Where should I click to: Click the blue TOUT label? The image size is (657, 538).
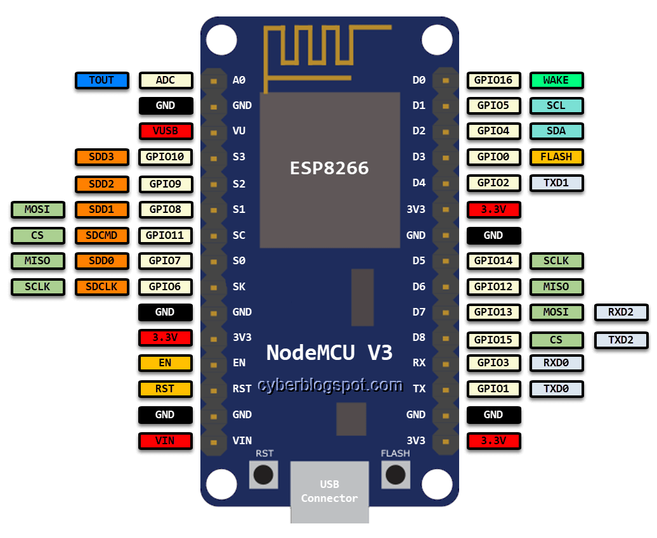coord(101,80)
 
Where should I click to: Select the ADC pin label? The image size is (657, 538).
coord(166,80)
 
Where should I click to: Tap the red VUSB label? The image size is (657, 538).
coord(166,131)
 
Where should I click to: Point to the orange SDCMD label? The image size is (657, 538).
coord(101,235)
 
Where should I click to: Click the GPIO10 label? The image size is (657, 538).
coord(166,157)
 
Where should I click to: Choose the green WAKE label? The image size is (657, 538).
coord(556,80)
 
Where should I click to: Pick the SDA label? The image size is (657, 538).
coord(556,131)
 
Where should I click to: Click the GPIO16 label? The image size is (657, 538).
coord(494,80)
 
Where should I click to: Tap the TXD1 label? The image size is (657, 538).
coord(556,183)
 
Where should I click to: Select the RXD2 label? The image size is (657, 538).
coord(621,312)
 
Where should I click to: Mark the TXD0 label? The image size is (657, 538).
coord(556,388)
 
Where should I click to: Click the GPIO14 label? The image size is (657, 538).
coord(494,260)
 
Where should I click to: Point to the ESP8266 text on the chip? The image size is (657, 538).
coord(329,168)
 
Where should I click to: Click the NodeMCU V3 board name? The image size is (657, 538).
coord(329,352)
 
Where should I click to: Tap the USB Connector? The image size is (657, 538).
coord(329,492)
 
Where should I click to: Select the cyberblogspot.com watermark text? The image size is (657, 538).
coord(330,385)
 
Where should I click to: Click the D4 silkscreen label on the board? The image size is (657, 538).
coord(419,183)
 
